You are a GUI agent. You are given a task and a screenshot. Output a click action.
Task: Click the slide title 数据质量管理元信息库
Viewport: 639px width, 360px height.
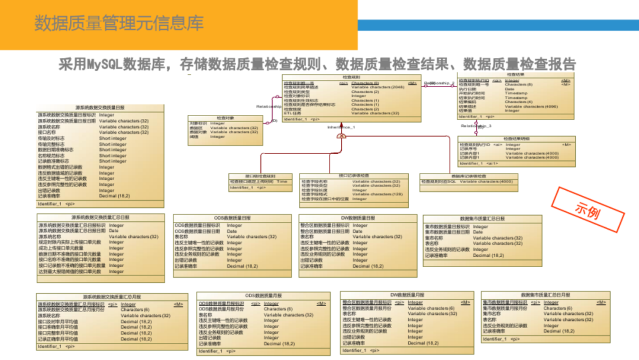119,24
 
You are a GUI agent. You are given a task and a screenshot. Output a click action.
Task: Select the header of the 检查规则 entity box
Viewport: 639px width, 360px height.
351,78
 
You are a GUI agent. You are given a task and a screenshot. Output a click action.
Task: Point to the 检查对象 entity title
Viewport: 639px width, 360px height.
225,118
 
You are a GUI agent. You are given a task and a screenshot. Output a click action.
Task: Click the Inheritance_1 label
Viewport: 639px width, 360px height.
341,127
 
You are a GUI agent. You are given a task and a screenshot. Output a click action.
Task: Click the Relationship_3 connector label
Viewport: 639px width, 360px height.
476,126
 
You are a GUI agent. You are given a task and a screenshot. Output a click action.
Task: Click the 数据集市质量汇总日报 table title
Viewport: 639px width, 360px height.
483,218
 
